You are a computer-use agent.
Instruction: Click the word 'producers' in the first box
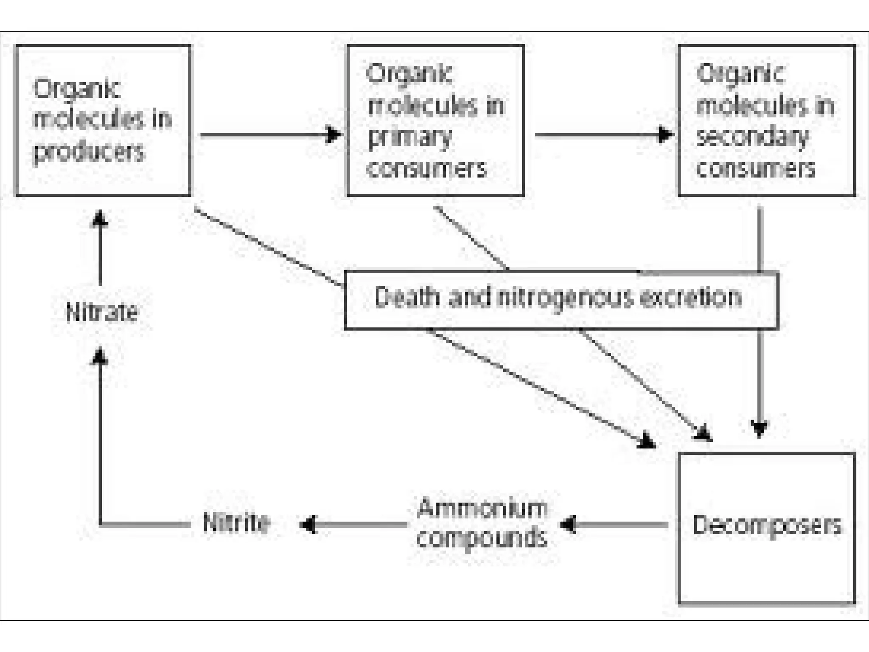coord(90,152)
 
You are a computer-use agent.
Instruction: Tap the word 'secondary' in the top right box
coord(752,137)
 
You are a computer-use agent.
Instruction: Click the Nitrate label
coord(102,312)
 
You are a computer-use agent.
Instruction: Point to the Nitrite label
coord(236,523)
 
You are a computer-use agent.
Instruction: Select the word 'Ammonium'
coord(482,508)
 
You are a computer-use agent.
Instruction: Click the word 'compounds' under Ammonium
coord(482,538)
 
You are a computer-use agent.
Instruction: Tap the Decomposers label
coord(766,525)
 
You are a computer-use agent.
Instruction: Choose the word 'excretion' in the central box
coord(690,297)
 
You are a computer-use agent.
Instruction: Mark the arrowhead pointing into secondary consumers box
coord(665,135)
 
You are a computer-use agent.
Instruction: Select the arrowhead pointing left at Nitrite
coord(308,525)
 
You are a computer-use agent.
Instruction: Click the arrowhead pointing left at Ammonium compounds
coord(568,525)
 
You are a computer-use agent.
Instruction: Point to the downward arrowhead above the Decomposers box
coord(760,429)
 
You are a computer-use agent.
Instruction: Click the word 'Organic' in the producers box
coord(77,89)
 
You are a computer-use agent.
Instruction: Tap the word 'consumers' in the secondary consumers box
coord(756,169)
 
